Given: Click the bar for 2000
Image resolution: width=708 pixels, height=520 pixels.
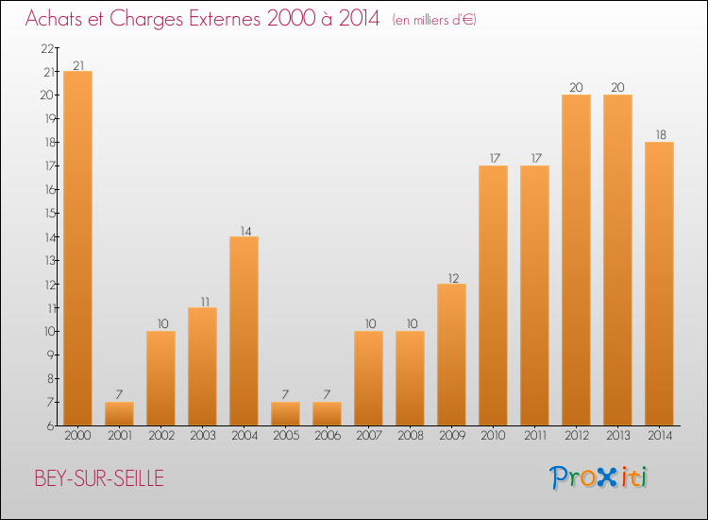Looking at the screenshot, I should (77, 248).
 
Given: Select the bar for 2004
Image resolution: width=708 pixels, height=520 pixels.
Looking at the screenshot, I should (244, 330).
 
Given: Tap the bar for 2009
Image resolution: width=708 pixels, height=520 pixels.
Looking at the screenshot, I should (451, 354).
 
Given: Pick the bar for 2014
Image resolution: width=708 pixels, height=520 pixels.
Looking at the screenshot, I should (659, 283).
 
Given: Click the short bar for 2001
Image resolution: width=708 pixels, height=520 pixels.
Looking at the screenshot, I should (119, 413).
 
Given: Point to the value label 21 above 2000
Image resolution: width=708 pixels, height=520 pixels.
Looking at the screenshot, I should (77, 65).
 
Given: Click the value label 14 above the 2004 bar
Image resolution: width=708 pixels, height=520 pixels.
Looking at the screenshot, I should (244, 230).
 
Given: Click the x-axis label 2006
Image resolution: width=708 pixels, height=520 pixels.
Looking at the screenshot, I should (327, 435).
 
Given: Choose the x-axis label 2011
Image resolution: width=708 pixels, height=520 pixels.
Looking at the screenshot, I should (534, 435).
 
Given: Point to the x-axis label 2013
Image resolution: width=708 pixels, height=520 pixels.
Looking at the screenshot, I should (617, 435).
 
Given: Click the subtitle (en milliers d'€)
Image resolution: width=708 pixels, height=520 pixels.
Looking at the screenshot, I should (433, 20).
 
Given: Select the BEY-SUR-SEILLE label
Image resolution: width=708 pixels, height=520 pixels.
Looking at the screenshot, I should (98, 478).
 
